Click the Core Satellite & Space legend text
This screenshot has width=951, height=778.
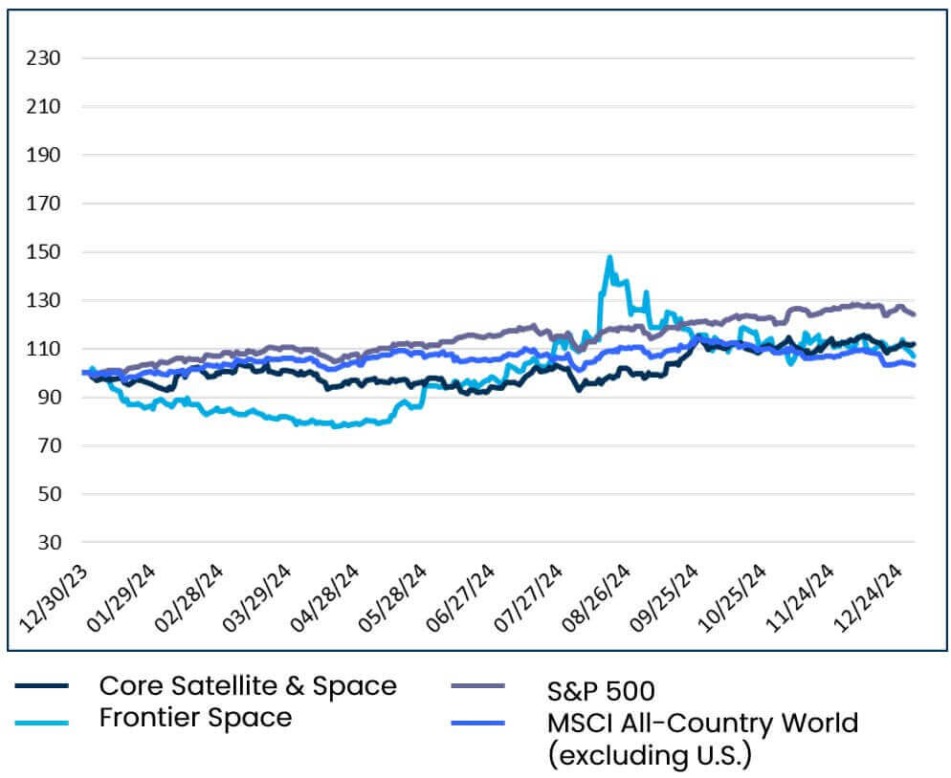point(247,685)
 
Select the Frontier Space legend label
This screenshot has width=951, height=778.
point(195,717)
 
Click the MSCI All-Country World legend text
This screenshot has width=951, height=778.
point(702,722)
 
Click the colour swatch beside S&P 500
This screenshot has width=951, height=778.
point(476,686)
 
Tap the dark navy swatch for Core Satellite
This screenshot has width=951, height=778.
point(42,686)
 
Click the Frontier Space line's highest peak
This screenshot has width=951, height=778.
point(609,257)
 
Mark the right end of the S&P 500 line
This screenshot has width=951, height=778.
point(914,313)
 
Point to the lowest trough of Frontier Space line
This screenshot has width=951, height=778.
point(335,426)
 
